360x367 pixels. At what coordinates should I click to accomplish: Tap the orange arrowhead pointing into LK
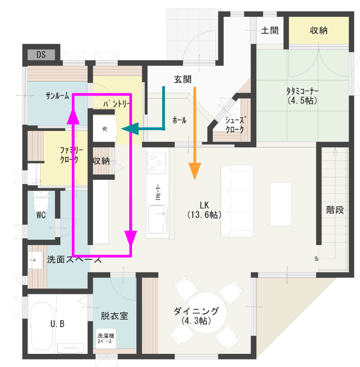195,171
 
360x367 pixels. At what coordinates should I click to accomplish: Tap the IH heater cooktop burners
157,163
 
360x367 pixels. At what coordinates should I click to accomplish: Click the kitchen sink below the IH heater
158,220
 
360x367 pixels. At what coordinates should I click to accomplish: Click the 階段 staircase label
335,210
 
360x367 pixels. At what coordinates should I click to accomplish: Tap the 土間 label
270,30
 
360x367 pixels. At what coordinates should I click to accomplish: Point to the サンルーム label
57,96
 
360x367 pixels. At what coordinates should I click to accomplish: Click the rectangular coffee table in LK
281,204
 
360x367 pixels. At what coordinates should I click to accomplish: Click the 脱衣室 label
115,316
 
